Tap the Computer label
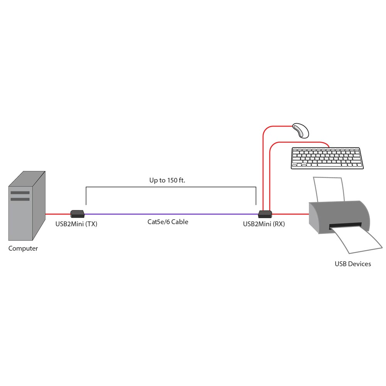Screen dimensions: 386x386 click(x=23, y=249)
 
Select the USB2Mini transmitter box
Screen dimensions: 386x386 click(x=78, y=213)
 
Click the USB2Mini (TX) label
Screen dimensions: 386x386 click(x=76, y=223)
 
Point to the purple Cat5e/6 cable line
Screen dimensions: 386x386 click(x=170, y=214)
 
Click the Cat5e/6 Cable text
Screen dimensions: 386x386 click(x=168, y=222)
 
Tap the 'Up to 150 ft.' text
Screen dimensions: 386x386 click(x=168, y=180)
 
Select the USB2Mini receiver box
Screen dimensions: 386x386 click(x=265, y=213)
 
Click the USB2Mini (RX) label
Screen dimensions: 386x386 click(x=264, y=223)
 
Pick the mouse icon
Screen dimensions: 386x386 click(x=300, y=130)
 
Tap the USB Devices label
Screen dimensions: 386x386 click(x=353, y=264)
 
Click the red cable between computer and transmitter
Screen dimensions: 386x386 click(x=58, y=214)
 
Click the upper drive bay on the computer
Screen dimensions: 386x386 click(x=20, y=192)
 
